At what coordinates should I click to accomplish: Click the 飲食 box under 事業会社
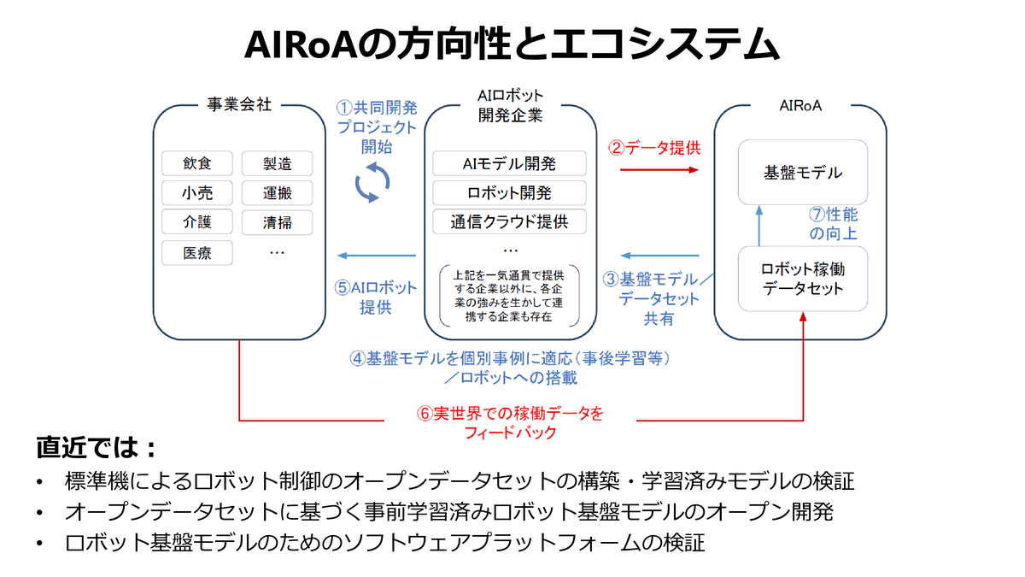196,163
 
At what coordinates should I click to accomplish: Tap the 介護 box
196,222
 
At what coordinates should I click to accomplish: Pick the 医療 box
196,253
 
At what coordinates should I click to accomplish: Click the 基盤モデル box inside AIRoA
802,173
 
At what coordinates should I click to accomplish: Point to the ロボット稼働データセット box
802,278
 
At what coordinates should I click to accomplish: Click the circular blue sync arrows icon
372,183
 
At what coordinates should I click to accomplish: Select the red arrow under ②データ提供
659,170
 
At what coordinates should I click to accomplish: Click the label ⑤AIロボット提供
376,297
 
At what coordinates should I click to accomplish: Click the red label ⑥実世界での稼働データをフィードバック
510,422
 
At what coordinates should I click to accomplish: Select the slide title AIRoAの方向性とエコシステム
512,44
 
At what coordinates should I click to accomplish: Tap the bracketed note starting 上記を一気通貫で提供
510,295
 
